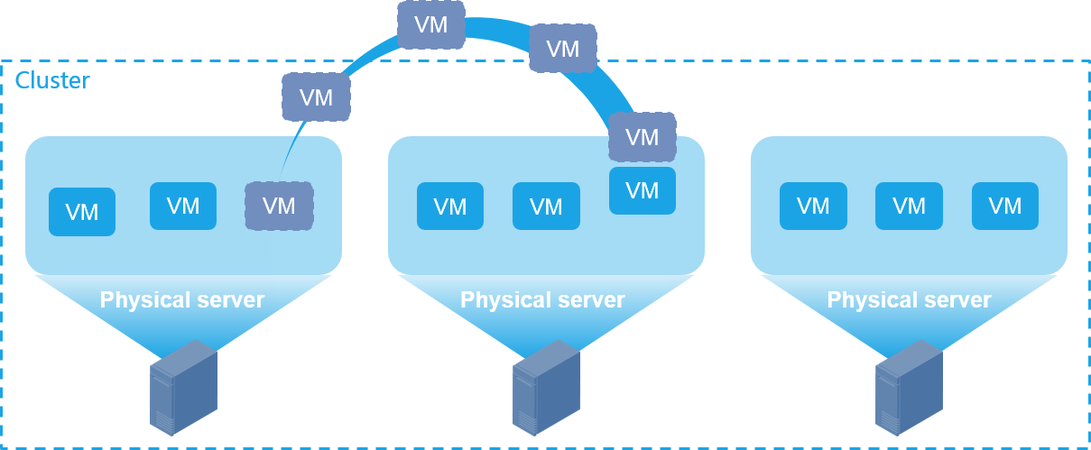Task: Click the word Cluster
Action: click(52, 81)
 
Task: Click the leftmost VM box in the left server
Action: click(82, 212)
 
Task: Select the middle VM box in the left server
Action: click(183, 206)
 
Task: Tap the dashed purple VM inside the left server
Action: click(279, 206)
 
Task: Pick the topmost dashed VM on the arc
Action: click(431, 24)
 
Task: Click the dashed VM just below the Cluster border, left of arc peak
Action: click(316, 96)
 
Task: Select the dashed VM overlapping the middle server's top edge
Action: click(643, 137)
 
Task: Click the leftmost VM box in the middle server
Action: click(450, 206)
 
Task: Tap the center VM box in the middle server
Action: click(546, 206)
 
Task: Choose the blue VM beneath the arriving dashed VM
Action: click(643, 190)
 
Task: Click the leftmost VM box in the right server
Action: click(813, 206)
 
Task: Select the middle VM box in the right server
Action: click(909, 206)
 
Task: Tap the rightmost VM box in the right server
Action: click(1005, 206)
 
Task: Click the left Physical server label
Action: click(182, 299)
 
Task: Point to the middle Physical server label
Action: click(542, 299)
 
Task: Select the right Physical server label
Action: click(910, 299)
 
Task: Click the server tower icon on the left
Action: click(183, 387)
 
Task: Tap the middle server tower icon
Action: click(546, 387)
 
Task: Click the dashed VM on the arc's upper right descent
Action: click(563, 48)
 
